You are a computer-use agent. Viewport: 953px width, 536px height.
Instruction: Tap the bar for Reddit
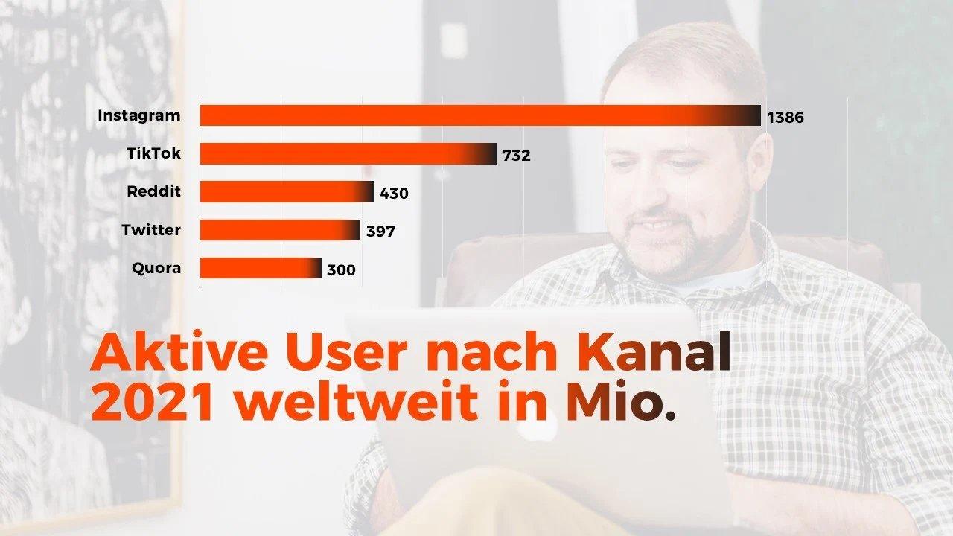pos(287,192)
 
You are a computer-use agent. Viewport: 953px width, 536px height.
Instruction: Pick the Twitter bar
pos(280,230)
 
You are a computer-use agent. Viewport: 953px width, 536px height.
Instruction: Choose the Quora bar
pos(261,268)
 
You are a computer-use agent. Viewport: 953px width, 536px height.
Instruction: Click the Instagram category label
pos(138,116)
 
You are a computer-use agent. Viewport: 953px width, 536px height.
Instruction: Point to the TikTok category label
pos(153,154)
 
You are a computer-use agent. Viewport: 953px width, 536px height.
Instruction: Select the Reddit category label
pos(153,192)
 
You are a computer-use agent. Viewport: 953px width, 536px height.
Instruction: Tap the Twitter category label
pos(151,230)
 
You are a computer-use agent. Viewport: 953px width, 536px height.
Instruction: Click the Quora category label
pos(156,268)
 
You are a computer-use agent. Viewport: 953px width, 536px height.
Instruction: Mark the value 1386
pos(785,118)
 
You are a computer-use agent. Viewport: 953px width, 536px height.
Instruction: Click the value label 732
pos(516,156)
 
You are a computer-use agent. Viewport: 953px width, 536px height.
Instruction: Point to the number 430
pos(394,194)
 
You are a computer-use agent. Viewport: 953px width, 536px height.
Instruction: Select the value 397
pos(380,232)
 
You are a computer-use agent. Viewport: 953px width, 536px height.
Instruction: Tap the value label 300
pos(341,269)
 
